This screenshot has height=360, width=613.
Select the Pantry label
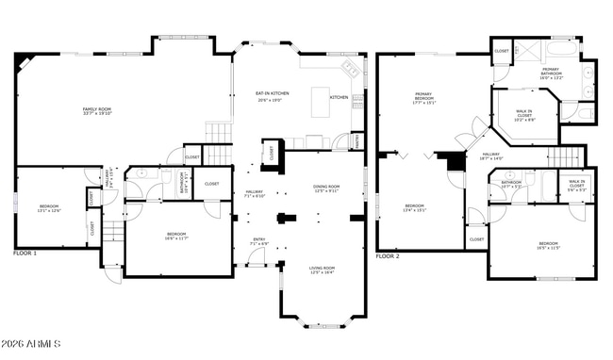[357, 140]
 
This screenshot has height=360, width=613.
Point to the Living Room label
[323, 270]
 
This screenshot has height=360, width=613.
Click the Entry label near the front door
[258, 242]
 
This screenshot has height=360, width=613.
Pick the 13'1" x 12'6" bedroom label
[50, 208]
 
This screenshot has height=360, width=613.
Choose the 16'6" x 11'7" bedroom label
[176, 237]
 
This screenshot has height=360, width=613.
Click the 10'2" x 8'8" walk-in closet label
[523, 117]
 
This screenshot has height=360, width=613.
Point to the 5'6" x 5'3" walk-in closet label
[576, 186]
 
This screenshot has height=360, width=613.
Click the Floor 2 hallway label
[490, 156]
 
